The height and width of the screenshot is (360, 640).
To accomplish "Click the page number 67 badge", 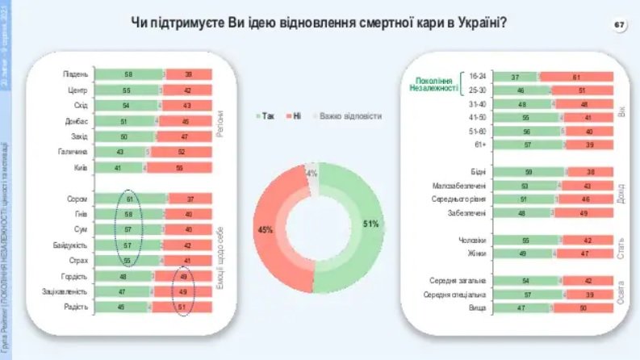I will [x=619, y=26].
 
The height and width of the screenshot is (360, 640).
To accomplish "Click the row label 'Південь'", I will [x=76, y=74].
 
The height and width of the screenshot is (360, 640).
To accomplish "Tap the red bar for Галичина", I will [x=182, y=153].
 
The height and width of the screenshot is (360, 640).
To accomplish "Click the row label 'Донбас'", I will [x=76, y=121].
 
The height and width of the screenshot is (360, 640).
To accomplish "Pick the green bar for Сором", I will [x=129, y=199].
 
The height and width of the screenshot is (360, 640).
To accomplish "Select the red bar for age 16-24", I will [x=576, y=76].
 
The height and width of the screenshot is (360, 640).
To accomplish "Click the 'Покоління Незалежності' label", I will [x=435, y=85].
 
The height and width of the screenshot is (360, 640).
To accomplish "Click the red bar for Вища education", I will [x=580, y=308].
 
